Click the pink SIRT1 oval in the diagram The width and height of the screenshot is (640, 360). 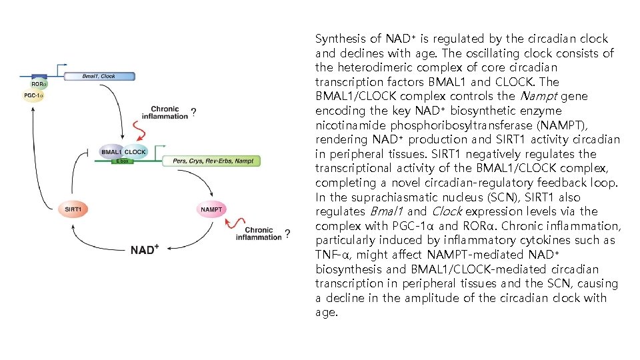[73, 209]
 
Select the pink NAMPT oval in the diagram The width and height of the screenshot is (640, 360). [211, 209]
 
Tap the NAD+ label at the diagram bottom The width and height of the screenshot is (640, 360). [145, 249]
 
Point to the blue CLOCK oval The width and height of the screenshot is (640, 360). [135, 152]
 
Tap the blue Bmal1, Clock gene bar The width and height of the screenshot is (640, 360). [99, 76]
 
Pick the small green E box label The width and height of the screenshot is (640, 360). [122, 161]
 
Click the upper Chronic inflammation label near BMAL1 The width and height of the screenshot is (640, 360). [169, 113]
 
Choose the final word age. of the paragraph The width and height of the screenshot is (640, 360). [327, 311]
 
